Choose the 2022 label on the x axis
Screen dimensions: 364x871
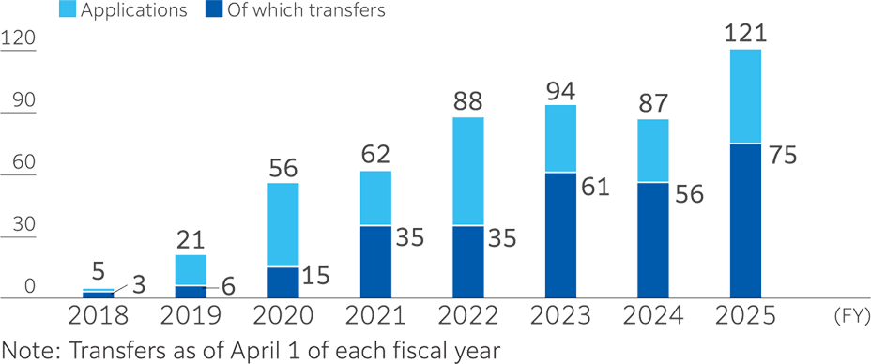pyautogui.click(x=467, y=315)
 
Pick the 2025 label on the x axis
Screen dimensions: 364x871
pyautogui.click(x=745, y=315)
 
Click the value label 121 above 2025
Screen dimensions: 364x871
pyautogui.click(x=746, y=34)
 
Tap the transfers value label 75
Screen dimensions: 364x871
pyautogui.click(x=783, y=155)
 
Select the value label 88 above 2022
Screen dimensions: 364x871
pyautogui.click(x=468, y=100)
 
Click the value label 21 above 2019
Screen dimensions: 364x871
pyautogui.click(x=191, y=239)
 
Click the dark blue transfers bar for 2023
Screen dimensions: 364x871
pyautogui.click(x=560, y=235)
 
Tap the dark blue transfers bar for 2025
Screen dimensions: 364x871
pyautogui.click(x=745, y=221)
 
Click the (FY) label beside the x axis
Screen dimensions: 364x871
pyautogui.click(x=850, y=316)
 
